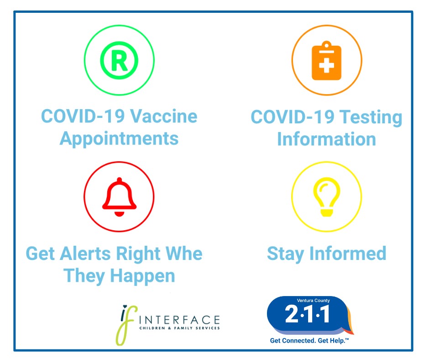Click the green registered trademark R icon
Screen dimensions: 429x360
119,60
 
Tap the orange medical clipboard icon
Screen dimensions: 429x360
326,61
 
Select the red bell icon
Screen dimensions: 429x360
119,197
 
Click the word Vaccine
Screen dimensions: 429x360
163,116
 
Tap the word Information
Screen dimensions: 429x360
326,139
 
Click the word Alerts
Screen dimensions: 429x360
85,254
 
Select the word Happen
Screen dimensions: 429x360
142,276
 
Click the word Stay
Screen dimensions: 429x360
285,254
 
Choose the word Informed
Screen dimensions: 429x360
348,254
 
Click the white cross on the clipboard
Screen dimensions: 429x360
326,65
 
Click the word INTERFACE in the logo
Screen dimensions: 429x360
179,320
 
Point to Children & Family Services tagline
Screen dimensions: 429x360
179,328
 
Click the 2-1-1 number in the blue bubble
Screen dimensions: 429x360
307,314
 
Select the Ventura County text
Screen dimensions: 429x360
313,301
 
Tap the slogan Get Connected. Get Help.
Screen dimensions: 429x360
309,340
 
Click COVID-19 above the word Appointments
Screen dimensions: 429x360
83,116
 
